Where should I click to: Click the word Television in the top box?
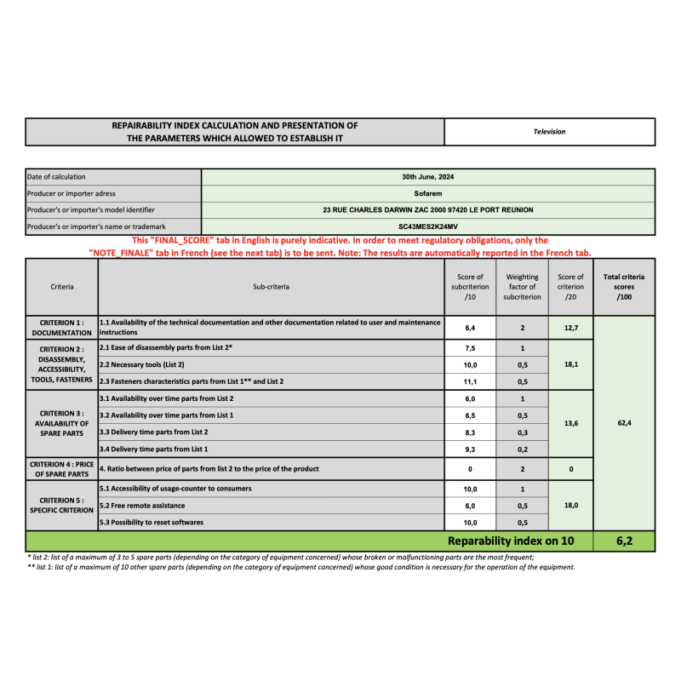(549, 132)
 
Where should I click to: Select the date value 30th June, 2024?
(428, 177)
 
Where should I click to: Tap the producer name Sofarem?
(428, 193)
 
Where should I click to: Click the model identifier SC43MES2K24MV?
(428, 226)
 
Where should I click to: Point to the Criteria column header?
(61, 287)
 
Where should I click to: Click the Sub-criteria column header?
(272, 287)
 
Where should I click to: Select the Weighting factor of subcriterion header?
(523, 287)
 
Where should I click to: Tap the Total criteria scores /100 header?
(624, 287)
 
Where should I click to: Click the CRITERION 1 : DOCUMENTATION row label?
(61, 327)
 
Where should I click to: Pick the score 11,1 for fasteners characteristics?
(470, 381)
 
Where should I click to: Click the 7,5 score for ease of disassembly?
(470, 348)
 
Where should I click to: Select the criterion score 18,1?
(571, 364)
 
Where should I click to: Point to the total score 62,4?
(624, 423)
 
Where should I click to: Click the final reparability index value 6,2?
(624, 541)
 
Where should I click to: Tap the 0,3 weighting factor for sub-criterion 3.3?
(523, 432)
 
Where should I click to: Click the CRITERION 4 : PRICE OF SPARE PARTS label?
(61, 468)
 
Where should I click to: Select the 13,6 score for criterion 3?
(571, 423)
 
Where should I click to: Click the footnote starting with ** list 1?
(300, 567)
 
